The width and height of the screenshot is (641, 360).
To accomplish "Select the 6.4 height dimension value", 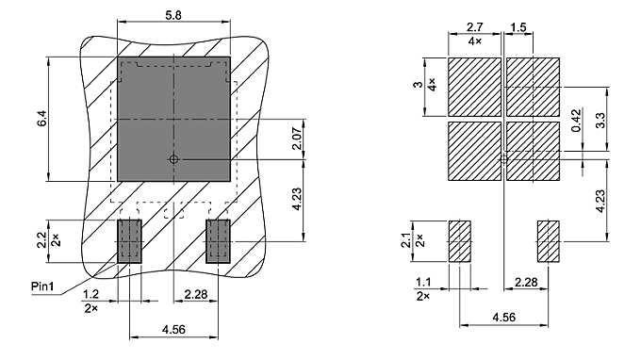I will coord(41,120).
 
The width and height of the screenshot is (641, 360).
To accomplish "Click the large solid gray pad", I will coord(173,119).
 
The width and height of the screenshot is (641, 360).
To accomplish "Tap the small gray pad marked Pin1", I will coord(129,241).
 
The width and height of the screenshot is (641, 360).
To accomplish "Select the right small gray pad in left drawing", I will coord(219,241).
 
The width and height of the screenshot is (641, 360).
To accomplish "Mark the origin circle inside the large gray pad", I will coord(173,159).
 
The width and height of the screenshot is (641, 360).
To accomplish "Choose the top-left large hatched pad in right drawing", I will coord(474,86).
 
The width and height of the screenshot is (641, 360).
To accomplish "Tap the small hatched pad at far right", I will coord(549,241).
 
